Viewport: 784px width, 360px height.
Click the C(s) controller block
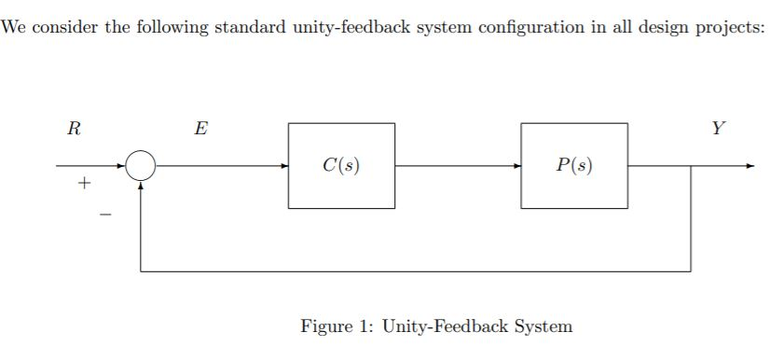pos(341,166)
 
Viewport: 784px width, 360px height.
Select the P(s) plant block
pos(574,166)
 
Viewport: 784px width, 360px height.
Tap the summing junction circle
pos(141,166)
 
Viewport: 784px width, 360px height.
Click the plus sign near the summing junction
pos(84,185)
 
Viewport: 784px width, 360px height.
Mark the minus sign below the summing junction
pos(105,216)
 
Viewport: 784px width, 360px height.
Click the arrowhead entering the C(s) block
pos(283,166)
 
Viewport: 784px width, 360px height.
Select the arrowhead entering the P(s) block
pos(516,166)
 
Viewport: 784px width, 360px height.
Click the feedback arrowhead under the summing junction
pos(141,185)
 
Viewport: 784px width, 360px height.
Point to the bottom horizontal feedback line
pos(415,271)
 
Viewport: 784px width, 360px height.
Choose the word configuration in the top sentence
pos(533,26)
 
